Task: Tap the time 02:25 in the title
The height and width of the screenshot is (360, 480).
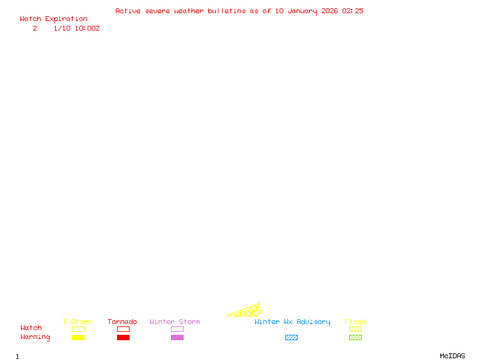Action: (352, 11)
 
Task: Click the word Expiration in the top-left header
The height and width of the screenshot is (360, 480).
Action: (66, 19)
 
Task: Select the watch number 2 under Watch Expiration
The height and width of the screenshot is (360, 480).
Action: (35, 28)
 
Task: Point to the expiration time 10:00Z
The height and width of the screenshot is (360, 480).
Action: (87, 28)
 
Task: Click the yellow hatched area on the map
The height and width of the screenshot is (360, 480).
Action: (247, 311)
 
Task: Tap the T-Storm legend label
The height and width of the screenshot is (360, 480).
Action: (77, 322)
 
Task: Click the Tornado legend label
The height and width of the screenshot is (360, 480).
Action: (122, 322)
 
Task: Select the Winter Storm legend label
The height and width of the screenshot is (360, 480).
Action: (175, 322)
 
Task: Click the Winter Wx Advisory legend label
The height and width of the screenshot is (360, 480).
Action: (292, 322)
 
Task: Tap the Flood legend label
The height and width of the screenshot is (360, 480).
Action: (355, 322)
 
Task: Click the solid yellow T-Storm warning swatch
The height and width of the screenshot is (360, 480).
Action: (78, 337)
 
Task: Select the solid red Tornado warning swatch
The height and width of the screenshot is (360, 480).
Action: (123, 337)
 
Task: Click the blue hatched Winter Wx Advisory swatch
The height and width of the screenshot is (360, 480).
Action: (291, 337)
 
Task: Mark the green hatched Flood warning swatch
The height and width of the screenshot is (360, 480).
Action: (355, 337)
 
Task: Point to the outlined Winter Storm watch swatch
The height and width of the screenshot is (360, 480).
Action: (177, 329)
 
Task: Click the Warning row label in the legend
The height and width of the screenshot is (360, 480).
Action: (35, 337)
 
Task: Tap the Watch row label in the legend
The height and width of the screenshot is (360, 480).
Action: (31, 328)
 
